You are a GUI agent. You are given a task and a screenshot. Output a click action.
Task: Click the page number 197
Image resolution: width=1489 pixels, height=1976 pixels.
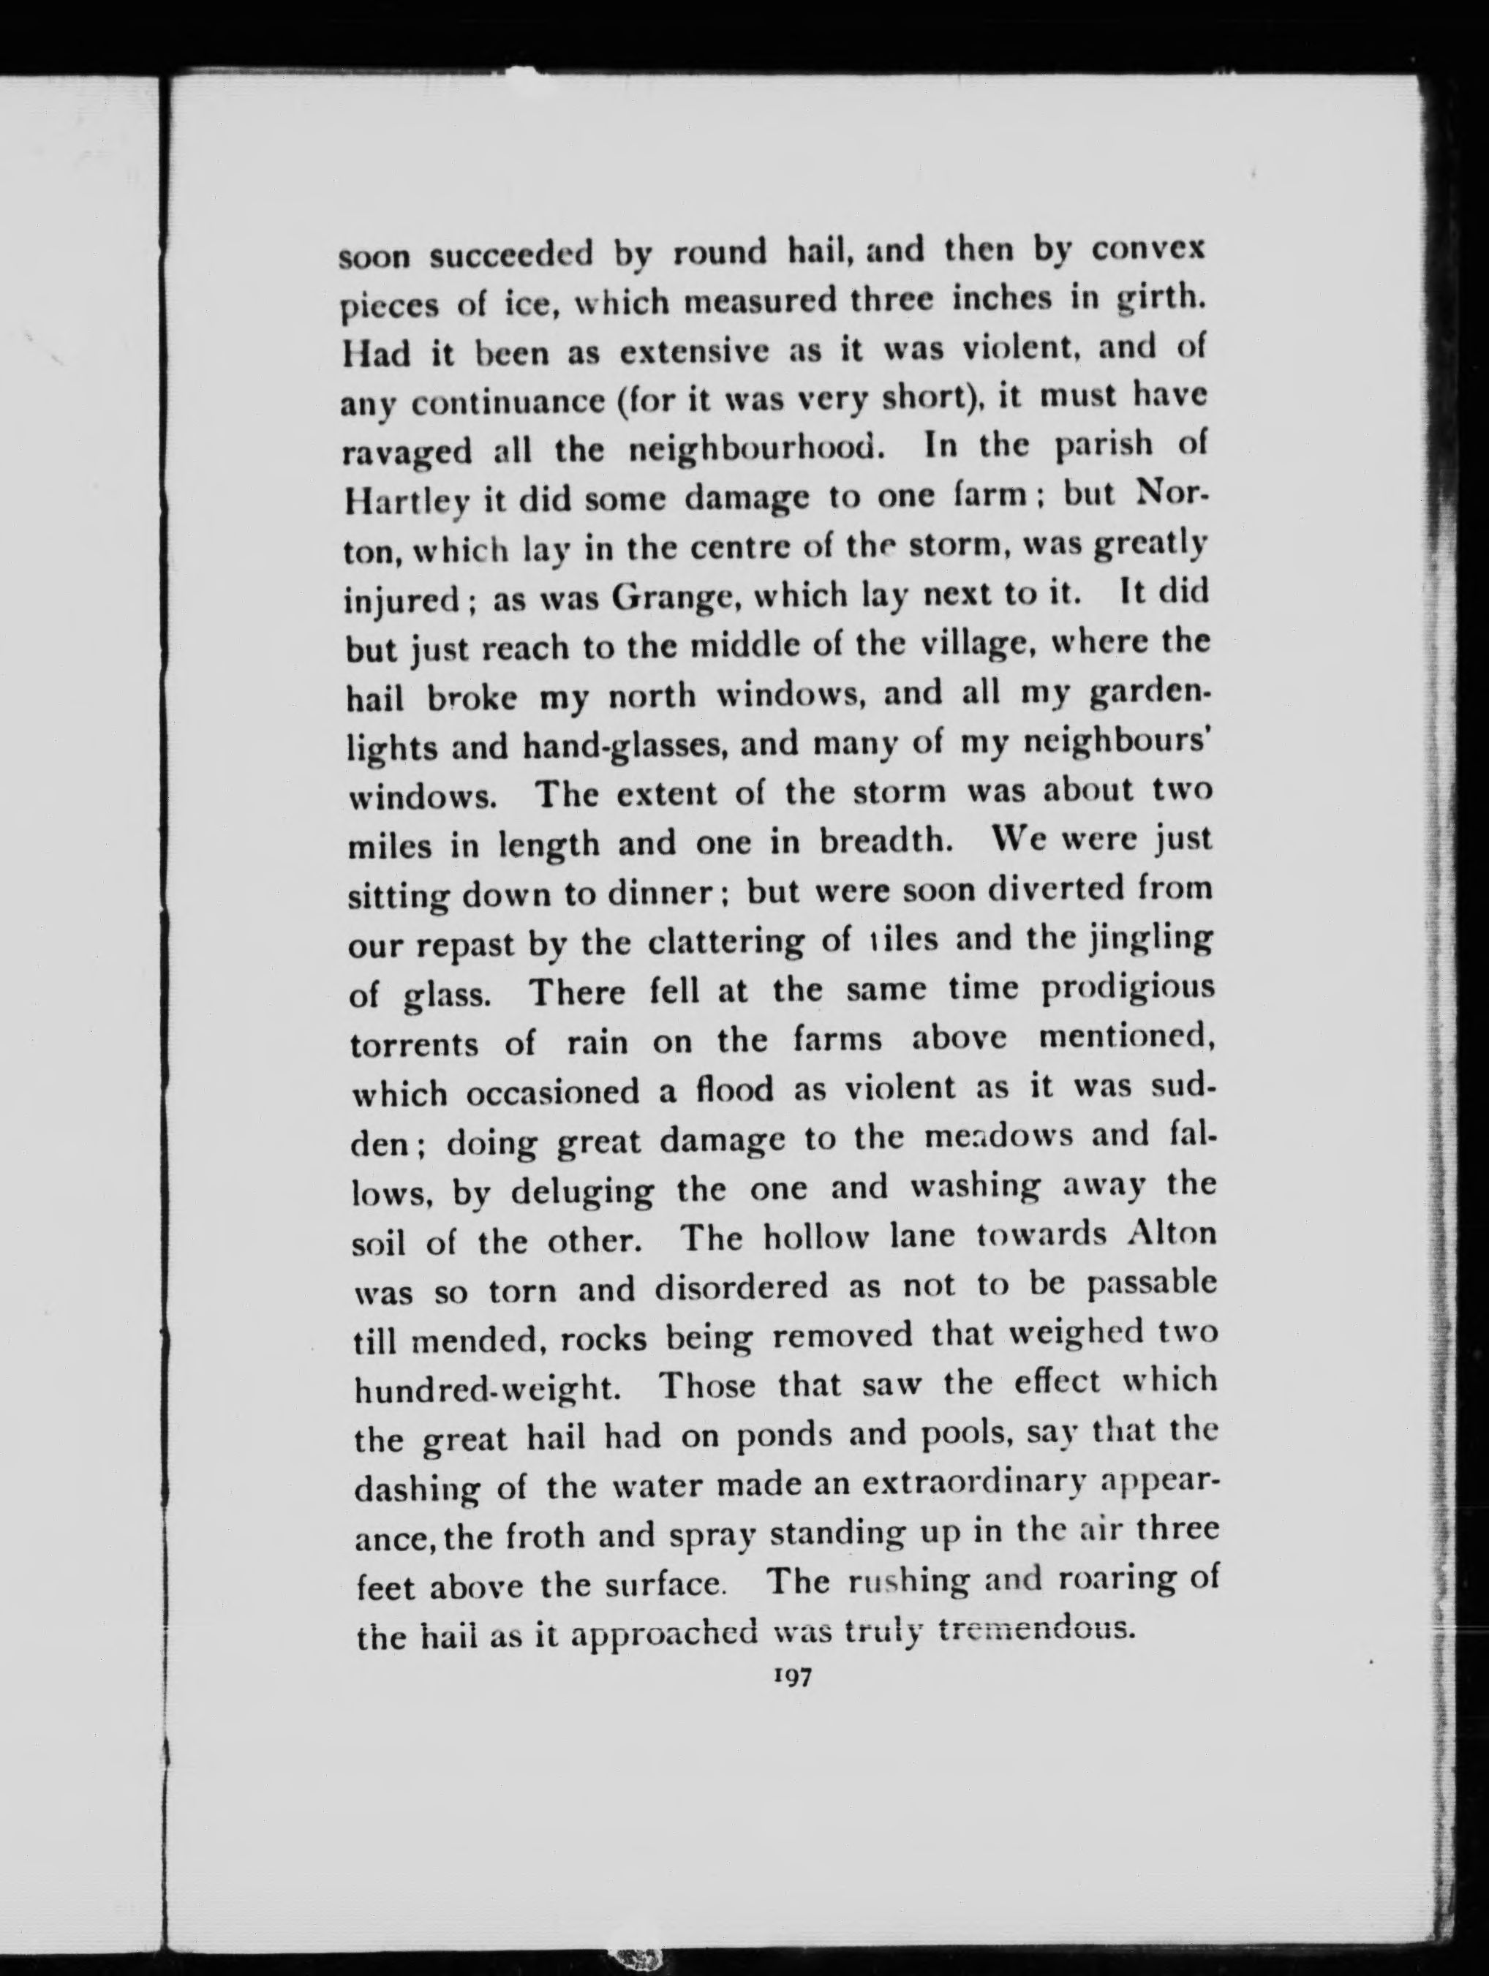click(x=791, y=1678)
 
